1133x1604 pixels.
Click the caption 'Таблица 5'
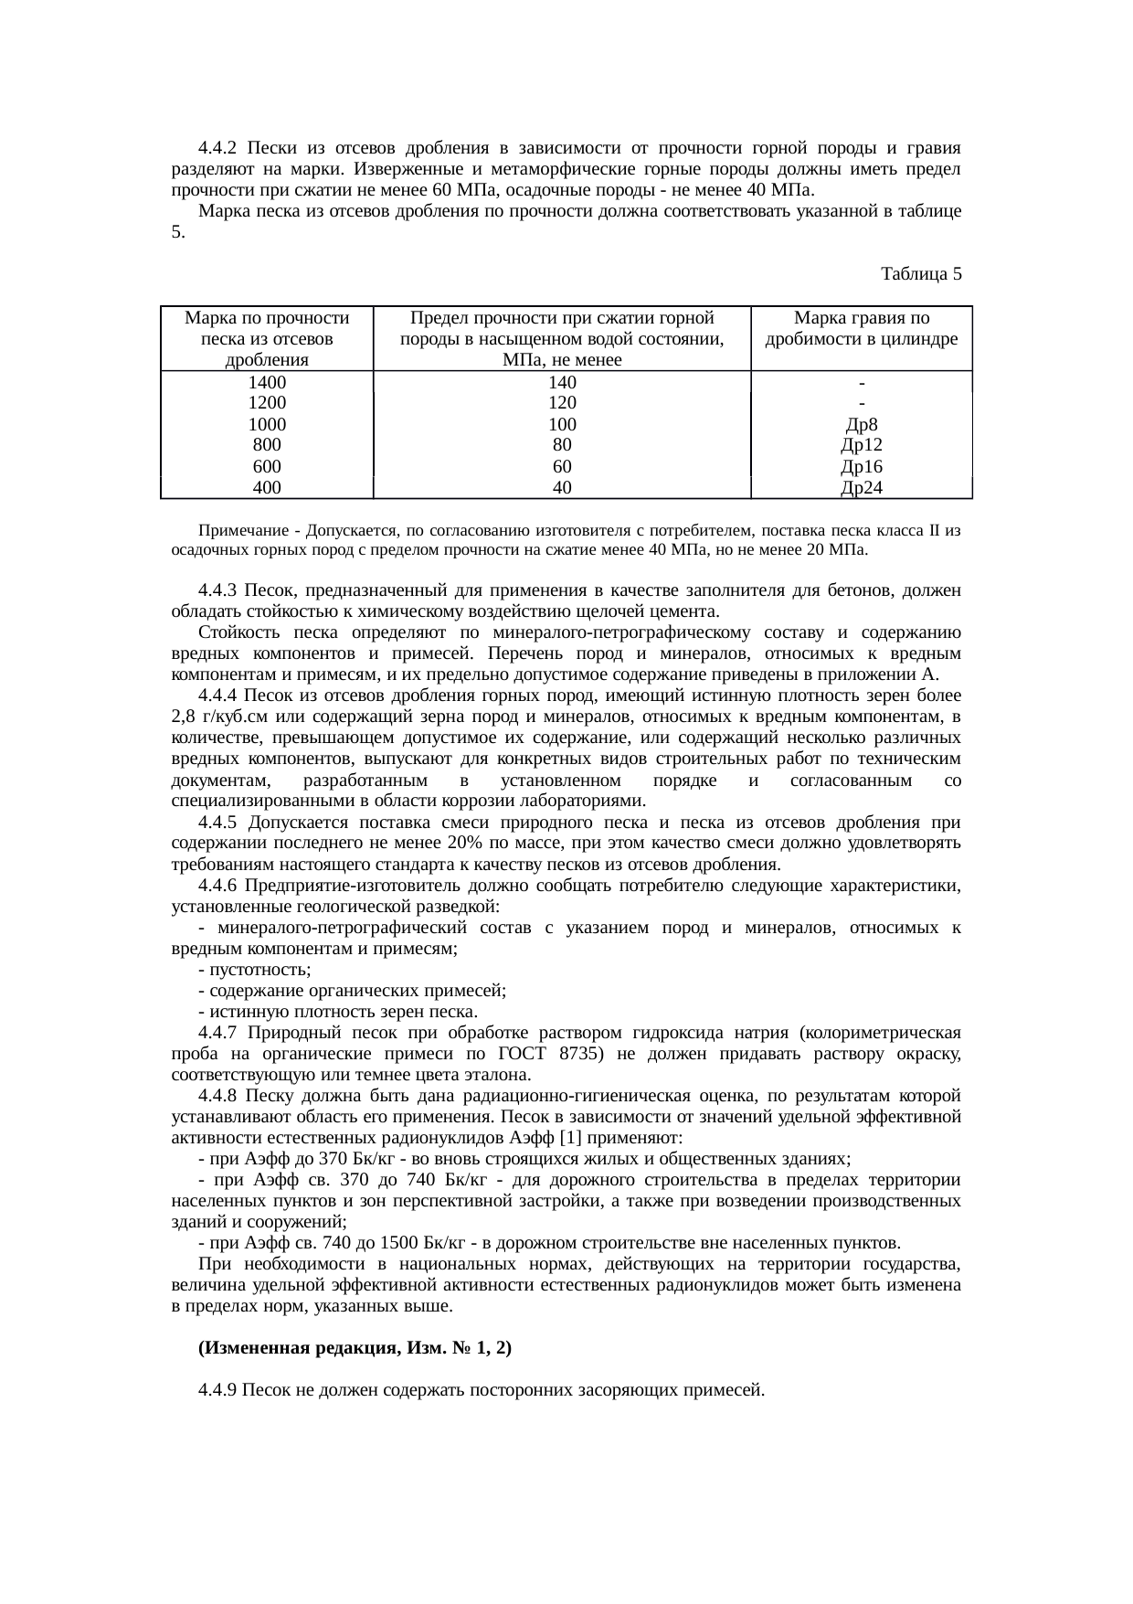pos(920,273)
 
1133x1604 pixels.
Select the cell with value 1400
pos(267,382)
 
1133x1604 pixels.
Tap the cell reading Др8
pos(862,424)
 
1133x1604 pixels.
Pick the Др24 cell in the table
pos(862,488)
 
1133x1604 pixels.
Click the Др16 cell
pos(862,467)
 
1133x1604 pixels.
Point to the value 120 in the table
pos(562,403)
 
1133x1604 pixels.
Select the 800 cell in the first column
pos(267,445)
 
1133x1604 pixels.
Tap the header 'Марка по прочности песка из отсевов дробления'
pos(267,338)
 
